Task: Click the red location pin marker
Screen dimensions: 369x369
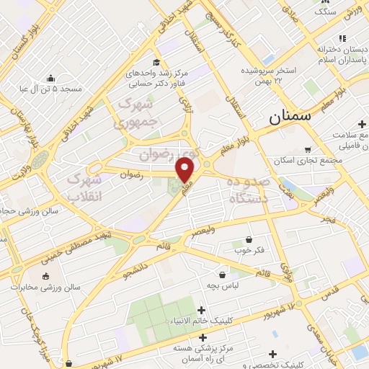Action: (185, 170)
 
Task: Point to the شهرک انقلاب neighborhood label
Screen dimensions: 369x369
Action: (84, 186)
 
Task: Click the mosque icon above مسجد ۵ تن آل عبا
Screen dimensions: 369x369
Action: (50, 79)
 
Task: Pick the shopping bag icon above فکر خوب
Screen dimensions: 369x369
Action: (249, 239)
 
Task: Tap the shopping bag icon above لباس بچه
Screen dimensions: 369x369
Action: (222, 275)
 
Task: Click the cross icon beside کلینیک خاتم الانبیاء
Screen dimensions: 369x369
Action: (200, 310)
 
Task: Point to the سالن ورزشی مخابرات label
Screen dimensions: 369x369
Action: (51, 287)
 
